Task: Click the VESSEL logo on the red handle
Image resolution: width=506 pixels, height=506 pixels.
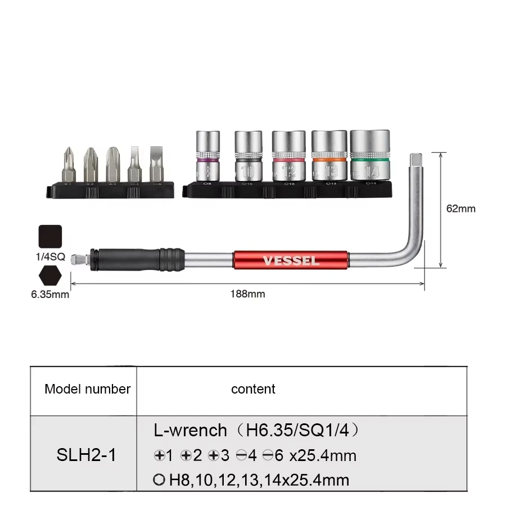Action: pos(291,261)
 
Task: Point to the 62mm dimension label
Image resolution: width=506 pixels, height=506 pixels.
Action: pos(461,209)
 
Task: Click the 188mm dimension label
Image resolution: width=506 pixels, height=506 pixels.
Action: pos(247,293)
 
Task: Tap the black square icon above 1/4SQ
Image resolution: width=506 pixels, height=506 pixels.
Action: pos(50,237)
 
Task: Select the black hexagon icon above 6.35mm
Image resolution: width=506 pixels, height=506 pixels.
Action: pos(50,277)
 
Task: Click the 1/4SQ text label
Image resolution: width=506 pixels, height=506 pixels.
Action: pos(51,257)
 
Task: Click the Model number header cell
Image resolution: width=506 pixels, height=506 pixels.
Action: pos(87,389)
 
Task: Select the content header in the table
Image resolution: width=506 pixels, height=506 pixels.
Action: pos(253,389)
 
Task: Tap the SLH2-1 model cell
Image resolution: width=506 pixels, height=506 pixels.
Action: pos(87,455)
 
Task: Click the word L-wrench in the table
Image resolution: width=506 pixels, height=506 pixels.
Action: pos(190,431)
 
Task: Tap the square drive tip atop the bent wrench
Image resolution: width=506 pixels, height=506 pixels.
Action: pos(417,161)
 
